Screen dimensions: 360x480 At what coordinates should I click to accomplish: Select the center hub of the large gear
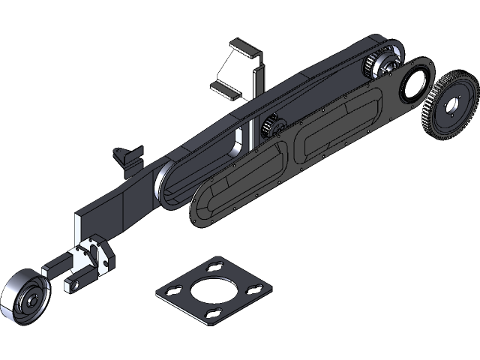456,105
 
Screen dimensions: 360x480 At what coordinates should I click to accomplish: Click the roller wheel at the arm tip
22,298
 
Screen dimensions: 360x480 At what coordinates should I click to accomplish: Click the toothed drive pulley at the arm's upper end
382,66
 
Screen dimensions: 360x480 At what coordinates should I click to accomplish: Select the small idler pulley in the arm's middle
271,127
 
